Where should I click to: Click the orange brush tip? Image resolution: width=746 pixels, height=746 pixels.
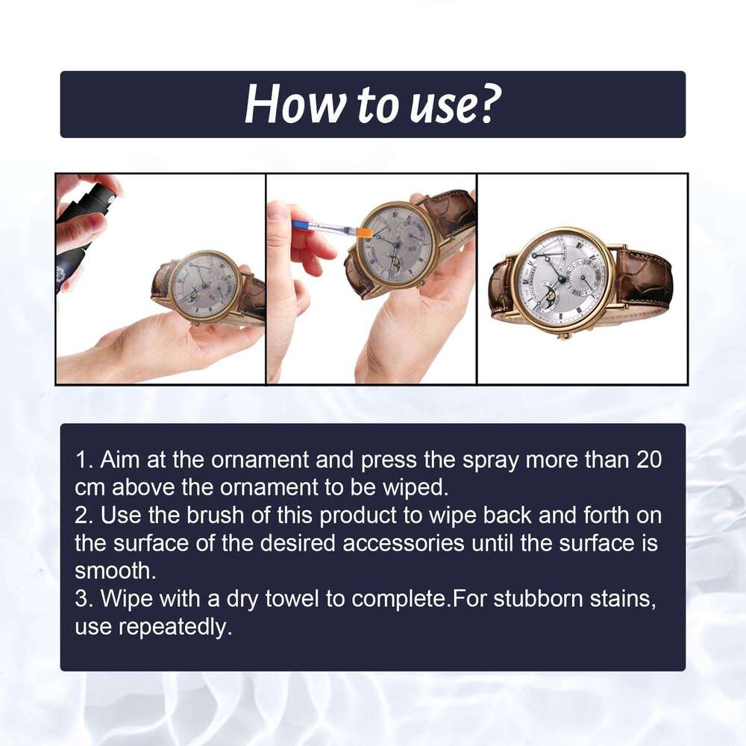[363, 233]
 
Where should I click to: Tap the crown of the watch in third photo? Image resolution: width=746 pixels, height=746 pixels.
[564, 335]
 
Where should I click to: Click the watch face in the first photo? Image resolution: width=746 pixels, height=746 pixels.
[203, 284]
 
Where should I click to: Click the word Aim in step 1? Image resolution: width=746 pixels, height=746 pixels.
[119, 460]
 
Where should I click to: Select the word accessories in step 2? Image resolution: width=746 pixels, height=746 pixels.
[404, 543]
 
